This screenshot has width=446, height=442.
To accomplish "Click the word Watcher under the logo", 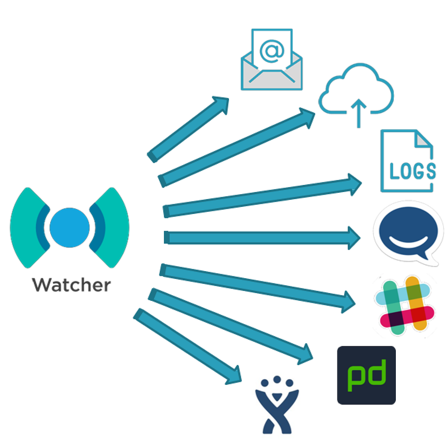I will [x=71, y=285].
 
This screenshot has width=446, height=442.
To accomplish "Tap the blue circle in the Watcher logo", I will [x=70, y=227].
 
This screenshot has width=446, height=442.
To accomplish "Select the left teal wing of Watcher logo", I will [x=26, y=227].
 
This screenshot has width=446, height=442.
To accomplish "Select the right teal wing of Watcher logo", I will [x=113, y=227].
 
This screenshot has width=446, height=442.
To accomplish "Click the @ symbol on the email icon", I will [x=272, y=51].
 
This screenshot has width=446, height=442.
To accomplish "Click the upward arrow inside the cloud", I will [x=358, y=111].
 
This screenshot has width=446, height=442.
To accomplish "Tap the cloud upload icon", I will [x=356, y=91].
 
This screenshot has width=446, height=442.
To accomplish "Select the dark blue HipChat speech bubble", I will [x=408, y=230].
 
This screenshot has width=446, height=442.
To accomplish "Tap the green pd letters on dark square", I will [x=366, y=376].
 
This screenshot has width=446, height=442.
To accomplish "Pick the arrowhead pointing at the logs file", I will [x=354, y=184].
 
